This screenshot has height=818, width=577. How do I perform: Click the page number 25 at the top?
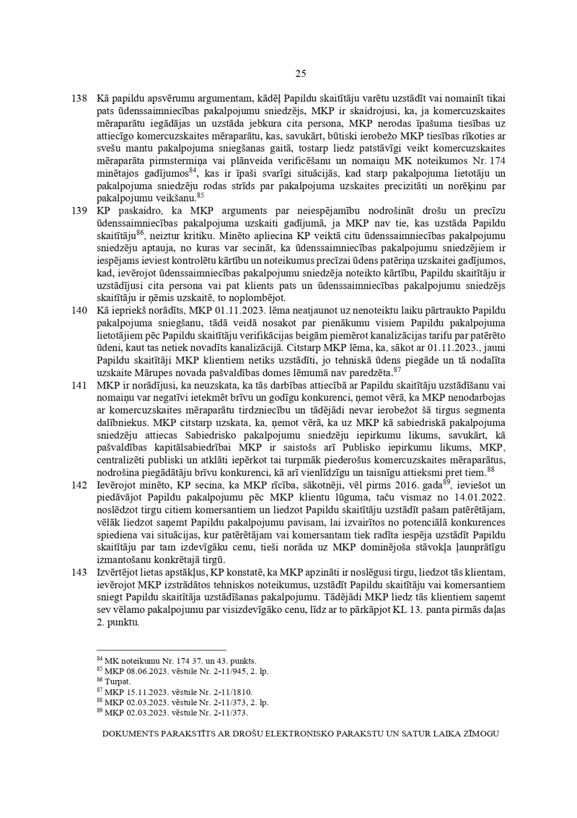301,73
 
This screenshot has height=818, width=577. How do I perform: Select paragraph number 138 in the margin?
79,98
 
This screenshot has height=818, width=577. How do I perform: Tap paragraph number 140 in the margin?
79,310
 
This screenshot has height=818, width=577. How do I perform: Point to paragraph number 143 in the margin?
79,573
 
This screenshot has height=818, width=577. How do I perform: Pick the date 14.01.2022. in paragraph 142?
483,498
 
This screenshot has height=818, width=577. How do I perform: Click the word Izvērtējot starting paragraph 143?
117,573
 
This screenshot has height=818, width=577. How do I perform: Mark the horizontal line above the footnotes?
162,650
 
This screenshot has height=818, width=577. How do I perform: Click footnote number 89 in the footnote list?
100,711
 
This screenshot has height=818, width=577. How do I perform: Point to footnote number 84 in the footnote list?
100,659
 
